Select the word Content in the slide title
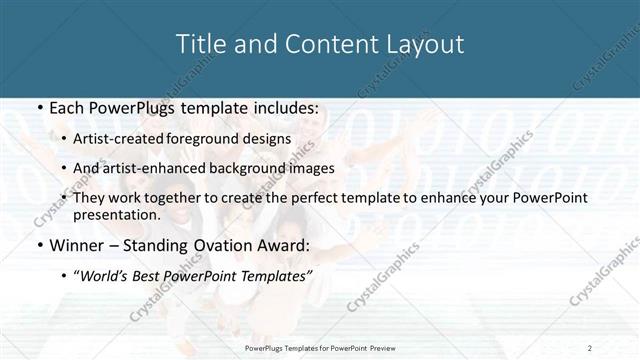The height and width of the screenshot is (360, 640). [315, 44]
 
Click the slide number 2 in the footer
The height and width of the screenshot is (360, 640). [590, 347]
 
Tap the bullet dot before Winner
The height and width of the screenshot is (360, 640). [39, 245]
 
